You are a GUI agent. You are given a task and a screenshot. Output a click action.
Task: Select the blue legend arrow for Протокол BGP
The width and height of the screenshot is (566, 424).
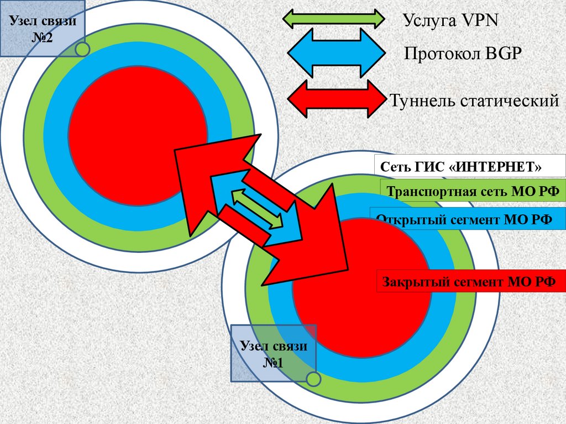click(x=336, y=53)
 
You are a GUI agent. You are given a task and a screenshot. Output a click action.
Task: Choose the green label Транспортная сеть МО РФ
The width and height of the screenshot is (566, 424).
click(x=473, y=192)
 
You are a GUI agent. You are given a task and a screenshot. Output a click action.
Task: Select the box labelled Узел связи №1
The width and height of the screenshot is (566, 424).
click(x=273, y=353)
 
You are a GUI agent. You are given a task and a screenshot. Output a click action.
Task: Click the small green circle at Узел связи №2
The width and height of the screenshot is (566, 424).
click(x=82, y=49)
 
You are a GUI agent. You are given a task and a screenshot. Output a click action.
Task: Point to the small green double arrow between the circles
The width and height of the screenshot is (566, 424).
click(x=257, y=208)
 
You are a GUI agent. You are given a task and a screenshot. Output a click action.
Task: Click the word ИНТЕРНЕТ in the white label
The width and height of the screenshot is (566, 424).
click(x=496, y=166)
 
